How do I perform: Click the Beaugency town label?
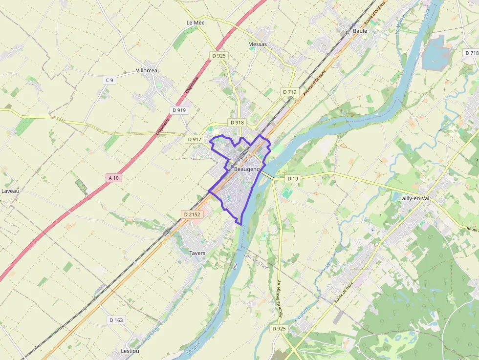tap(247, 169)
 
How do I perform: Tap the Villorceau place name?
tap(148, 70)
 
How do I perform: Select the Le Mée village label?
tap(196, 22)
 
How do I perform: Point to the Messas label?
tap(258, 44)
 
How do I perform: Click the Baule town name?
tap(360, 31)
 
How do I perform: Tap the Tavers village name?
tap(197, 253)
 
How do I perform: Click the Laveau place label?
tap(10, 191)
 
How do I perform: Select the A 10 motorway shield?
tap(113, 178)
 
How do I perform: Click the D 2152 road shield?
tap(192, 214)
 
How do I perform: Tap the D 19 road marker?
tap(292, 179)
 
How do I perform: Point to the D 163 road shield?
tap(116, 320)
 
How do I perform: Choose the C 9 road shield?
tap(109, 80)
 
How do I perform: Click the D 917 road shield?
tap(194, 139)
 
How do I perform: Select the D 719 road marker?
tap(289, 92)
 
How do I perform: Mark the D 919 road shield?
tap(179, 110)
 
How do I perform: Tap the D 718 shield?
tap(472, 53)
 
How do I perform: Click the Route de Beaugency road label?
tap(280, 299)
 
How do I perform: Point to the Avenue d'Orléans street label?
tap(314, 79)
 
